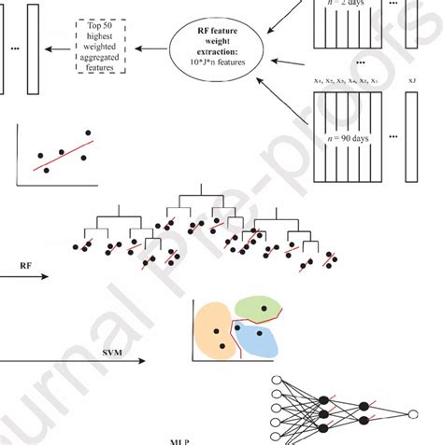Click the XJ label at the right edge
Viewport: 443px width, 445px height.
pyautogui.click(x=411, y=85)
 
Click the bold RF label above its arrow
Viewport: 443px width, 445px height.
pyautogui.click(x=27, y=266)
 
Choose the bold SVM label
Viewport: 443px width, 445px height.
pyautogui.click(x=113, y=353)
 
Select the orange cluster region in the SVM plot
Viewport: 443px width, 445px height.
pyautogui.click(x=214, y=332)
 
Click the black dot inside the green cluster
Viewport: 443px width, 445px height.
pyautogui.click(x=264, y=307)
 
